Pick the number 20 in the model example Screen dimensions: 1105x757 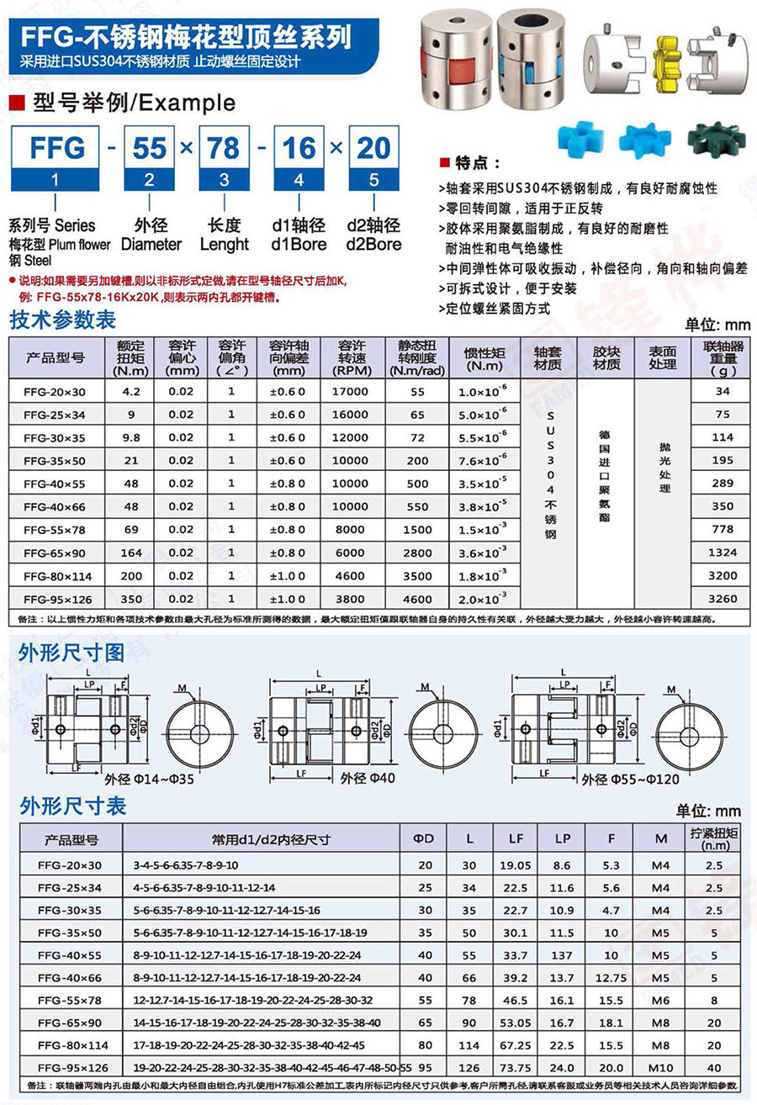pyautogui.click(x=373, y=148)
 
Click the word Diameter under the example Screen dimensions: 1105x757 pyautogui.click(x=151, y=245)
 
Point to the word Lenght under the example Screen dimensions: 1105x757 pyautogui.click(x=224, y=245)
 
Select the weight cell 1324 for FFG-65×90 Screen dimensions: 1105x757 pyautogui.click(x=723, y=552)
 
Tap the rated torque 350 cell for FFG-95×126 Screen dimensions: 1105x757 pyautogui.click(x=131, y=599)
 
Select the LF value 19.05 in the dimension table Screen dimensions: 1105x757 pyautogui.click(x=515, y=864)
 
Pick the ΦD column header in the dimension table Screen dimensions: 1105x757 pyautogui.click(x=424, y=838)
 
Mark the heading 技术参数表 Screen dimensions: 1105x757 pyautogui.click(x=62, y=320)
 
